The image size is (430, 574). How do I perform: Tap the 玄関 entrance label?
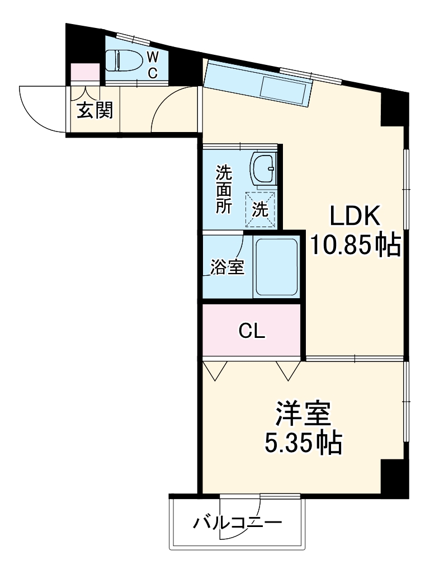pos(94,110)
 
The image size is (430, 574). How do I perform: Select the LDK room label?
pos(355,215)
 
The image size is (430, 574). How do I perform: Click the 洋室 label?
pos(303,414)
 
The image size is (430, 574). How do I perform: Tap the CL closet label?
pos(252,332)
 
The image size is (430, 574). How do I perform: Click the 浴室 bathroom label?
pos(227,267)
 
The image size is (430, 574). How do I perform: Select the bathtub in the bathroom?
pos(276,267)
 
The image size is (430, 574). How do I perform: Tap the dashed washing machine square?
pos(261,210)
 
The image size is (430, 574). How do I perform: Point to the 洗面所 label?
pos(224,188)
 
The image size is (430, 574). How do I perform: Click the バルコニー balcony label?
pos(238,524)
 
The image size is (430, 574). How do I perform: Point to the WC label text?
pos(152,64)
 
